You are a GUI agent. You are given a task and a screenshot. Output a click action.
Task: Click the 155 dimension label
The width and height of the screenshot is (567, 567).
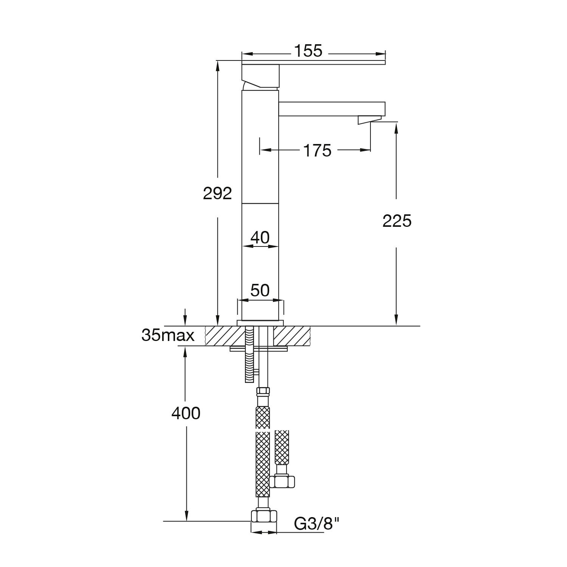(x=308, y=51)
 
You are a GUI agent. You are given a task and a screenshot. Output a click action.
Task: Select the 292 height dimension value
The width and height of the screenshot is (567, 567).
(x=217, y=194)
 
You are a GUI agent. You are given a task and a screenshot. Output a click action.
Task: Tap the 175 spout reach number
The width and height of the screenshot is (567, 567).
(x=317, y=150)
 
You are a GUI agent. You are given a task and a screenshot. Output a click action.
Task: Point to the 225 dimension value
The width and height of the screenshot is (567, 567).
(x=397, y=221)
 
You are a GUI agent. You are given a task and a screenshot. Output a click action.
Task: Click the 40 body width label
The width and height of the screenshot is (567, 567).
(x=260, y=238)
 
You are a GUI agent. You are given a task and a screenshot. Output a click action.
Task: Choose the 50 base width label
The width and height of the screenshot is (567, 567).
(x=260, y=291)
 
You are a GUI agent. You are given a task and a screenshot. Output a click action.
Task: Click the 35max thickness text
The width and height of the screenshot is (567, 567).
(x=168, y=335)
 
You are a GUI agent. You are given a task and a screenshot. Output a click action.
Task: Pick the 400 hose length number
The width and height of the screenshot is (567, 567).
(x=186, y=414)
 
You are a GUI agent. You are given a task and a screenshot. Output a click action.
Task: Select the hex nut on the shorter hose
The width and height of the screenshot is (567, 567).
(x=282, y=481)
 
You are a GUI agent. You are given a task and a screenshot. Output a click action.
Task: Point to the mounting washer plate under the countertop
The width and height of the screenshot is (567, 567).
(x=259, y=349)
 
